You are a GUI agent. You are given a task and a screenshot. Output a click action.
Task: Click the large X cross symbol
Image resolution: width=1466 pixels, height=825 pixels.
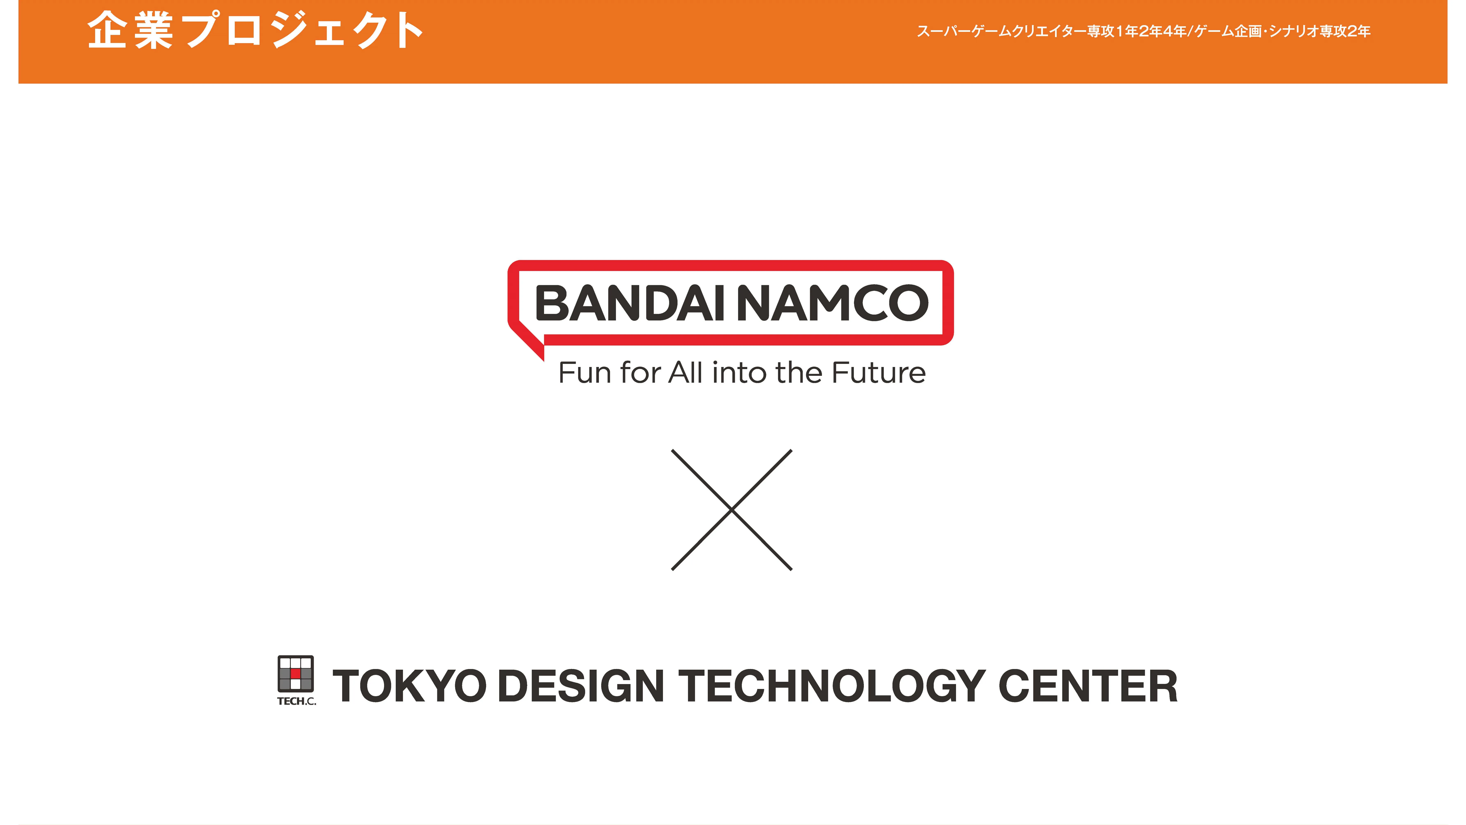(732, 510)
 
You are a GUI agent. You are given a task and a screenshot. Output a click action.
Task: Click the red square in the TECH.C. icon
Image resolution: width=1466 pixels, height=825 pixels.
(295, 673)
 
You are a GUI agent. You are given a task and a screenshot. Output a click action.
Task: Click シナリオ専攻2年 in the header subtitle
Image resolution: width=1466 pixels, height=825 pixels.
(1319, 31)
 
